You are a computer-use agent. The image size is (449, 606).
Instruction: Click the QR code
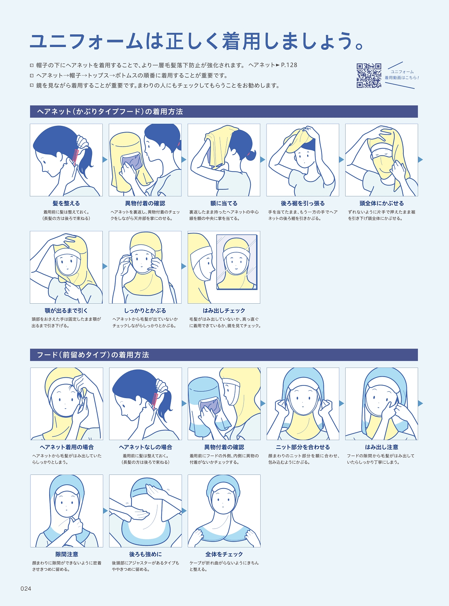click(x=369, y=75)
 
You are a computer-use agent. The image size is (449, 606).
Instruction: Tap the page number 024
click(x=26, y=589)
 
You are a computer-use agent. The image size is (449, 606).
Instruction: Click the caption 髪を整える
click(x=66, y=203)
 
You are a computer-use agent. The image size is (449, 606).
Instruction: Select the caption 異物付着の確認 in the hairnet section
click(x=145, y=203)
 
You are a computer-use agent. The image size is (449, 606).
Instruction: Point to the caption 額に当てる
click(x=224, y=203)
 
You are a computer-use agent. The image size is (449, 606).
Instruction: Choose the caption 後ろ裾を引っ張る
click(x=303, y=203)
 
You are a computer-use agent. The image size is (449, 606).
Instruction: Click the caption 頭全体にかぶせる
click(x=382, y=203)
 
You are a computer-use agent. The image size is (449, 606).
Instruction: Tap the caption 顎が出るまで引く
click(x=66, y=311)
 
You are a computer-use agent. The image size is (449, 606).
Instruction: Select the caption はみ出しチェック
click(x=224, y=311)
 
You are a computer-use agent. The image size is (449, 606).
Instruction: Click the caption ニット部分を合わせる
click(x=303, y=447)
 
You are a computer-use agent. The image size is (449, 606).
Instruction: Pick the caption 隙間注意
click(x=67, y=554)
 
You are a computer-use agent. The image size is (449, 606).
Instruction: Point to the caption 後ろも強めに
click(x=146, y=554)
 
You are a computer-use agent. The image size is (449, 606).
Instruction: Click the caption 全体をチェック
click(x=224, y=554)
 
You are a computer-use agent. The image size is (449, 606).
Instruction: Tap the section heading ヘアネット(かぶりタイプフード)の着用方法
click(x=110, y=112)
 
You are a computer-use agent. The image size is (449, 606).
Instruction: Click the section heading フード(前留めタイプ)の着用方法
click(x=93, y=355)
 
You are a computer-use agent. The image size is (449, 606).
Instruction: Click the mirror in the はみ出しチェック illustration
click(x=237, y=262)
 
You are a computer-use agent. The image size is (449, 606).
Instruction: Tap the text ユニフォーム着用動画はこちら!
click(x=402, y=75)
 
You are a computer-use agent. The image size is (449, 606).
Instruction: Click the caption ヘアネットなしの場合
click(x=146, y=447)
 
